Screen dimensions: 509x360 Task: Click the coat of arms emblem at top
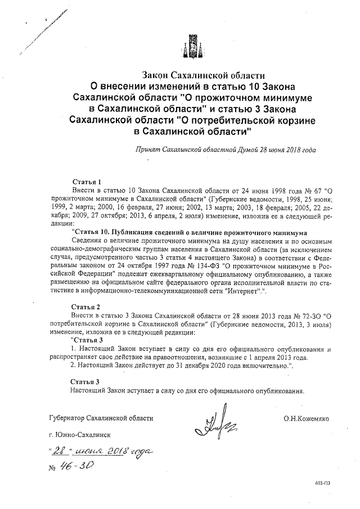click(x=191, y=44)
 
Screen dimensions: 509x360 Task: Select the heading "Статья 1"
click(x=87, y=182)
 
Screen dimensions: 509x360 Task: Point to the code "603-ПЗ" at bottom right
click(x=323, y=483)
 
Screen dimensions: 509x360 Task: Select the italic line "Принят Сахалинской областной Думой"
click(x=225, y=150)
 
